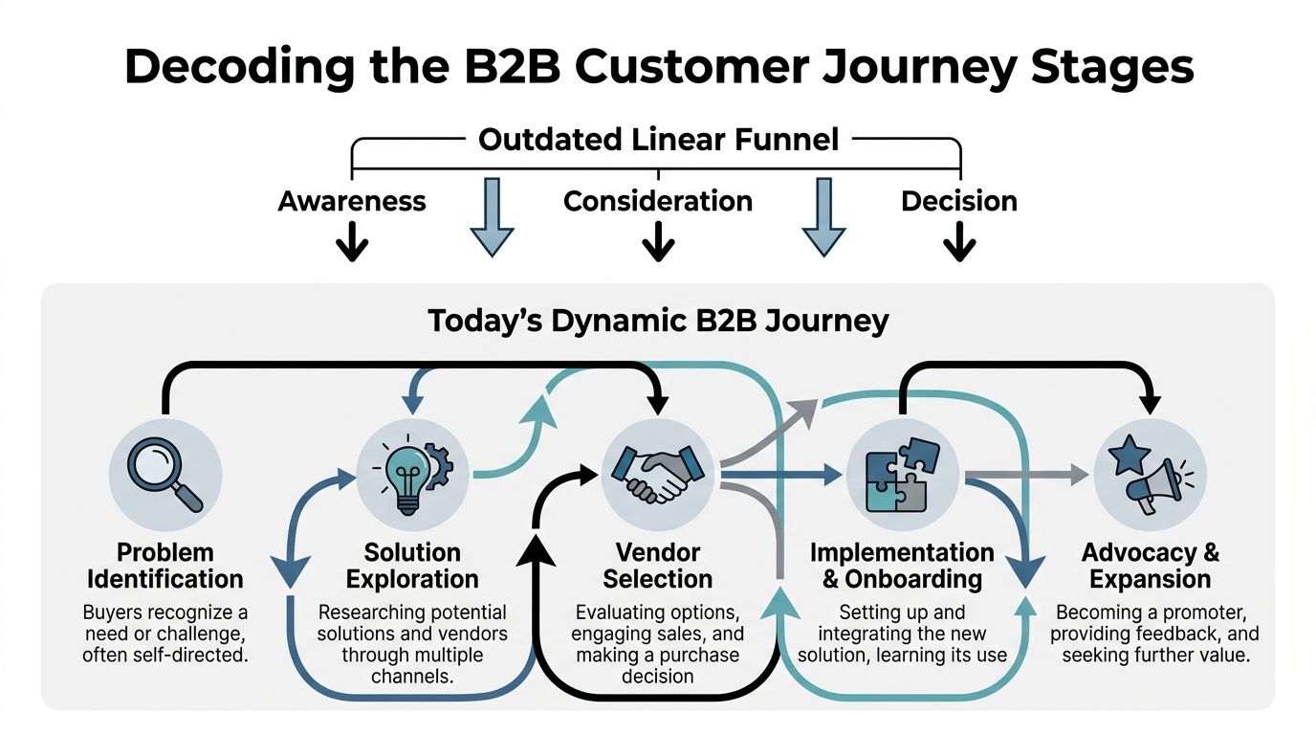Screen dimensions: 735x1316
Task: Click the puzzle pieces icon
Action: click(902, 473)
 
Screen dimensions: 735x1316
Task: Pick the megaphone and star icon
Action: click(1150, 473)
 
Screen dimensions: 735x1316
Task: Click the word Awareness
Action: click(352, 201)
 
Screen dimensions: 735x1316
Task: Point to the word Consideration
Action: click(658, 201)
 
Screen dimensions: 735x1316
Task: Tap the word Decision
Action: click(959, 201)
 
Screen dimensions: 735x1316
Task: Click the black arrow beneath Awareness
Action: click(352, 243)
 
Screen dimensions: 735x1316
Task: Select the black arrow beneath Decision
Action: click(959, 243)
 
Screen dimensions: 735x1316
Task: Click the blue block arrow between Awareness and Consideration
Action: click(493, 217)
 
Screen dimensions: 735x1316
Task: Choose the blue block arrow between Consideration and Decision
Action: click(823, 217)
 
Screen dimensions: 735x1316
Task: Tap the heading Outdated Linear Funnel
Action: click(658, 140)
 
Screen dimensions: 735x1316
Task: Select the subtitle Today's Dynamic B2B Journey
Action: click(658, 320)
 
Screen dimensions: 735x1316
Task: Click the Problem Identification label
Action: click(165, 566)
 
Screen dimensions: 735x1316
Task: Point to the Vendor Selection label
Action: click(658, 566)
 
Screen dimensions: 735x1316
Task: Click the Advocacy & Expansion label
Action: click(1150, 566)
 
